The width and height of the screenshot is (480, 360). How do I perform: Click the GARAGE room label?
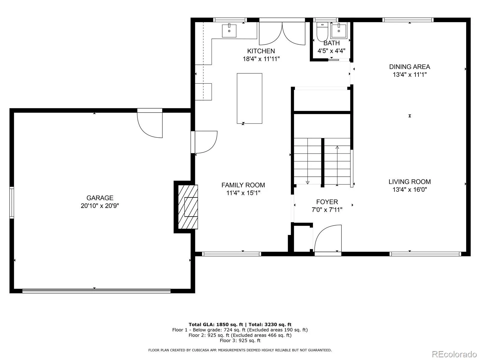pos(100,198)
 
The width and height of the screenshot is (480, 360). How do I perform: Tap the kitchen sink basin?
pos(229,31)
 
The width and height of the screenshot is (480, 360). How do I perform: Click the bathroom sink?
pos(339,31)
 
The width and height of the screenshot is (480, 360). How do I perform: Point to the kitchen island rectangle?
pos(250,98)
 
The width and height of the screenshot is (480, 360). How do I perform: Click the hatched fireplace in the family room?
pos(188,207)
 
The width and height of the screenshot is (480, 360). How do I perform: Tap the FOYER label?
pos(327,202)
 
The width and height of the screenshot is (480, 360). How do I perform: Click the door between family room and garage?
pos(204,142)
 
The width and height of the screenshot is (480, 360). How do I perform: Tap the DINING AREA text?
pos(409,67)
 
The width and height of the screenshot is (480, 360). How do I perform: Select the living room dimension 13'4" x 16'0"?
pos(409,190)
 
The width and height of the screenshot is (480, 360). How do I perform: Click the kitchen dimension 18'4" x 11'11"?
pos(261,59)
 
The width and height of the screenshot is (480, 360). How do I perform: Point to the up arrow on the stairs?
pos(337,165)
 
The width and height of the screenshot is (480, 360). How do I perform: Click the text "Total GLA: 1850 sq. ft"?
pos(216,324)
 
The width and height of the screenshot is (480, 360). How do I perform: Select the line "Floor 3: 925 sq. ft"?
pos(240,340)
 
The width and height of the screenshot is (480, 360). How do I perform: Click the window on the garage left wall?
pos(12,202)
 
